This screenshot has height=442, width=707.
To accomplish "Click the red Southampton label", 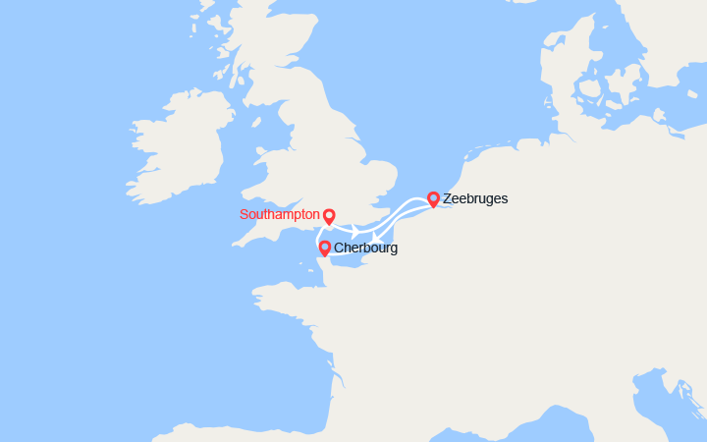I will point(280,214).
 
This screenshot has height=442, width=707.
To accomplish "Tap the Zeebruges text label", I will point(475,198).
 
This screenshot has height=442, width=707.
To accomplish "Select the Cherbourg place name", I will point(365,249).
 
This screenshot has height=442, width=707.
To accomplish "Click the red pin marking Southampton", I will point(329,216).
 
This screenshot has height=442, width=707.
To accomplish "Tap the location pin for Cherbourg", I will point(324,248).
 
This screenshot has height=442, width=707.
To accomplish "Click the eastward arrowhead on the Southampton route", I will point(355,229).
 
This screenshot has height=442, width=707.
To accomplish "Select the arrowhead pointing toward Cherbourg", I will point(376,236).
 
